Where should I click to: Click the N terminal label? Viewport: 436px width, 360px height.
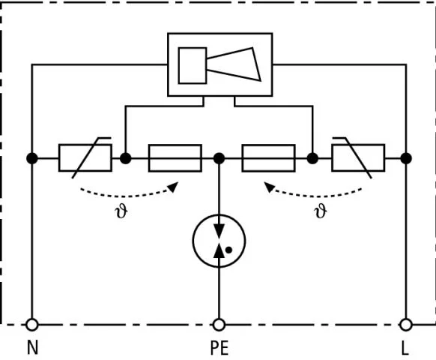[x=32, y=347]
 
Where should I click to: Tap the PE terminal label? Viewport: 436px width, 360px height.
[x=219, y=348]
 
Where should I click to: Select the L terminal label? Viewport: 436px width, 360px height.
[x=405, y=348]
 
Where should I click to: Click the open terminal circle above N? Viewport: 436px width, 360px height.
[x=32, y=325]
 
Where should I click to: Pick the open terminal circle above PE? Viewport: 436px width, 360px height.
[x=219, y=325]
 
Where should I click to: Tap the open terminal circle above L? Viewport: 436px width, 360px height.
[x=406, y=325]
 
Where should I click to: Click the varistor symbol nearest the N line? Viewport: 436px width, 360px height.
[x=85, y=157]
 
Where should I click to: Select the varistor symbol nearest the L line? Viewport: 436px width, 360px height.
[x=358, y=157]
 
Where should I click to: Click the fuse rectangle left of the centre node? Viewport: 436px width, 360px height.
[x=175, y=158]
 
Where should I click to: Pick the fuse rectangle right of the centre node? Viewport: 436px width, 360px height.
[x=269, y=158]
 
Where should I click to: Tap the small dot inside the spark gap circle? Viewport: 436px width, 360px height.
[x=228, y=250]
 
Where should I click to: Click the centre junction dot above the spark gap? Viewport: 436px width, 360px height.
[x=219, y=158]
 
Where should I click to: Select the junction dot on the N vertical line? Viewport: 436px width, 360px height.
[x=32, y=158]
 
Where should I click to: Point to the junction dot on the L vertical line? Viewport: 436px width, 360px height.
[x=406, y=158]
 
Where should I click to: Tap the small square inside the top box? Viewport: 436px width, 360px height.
[x=193, y=65]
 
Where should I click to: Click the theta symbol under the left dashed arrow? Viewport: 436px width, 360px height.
[x=121, y=212]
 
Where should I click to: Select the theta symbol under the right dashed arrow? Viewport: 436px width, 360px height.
[x=321, y=212]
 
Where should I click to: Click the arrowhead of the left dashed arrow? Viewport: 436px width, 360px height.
[x=174, y=187]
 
